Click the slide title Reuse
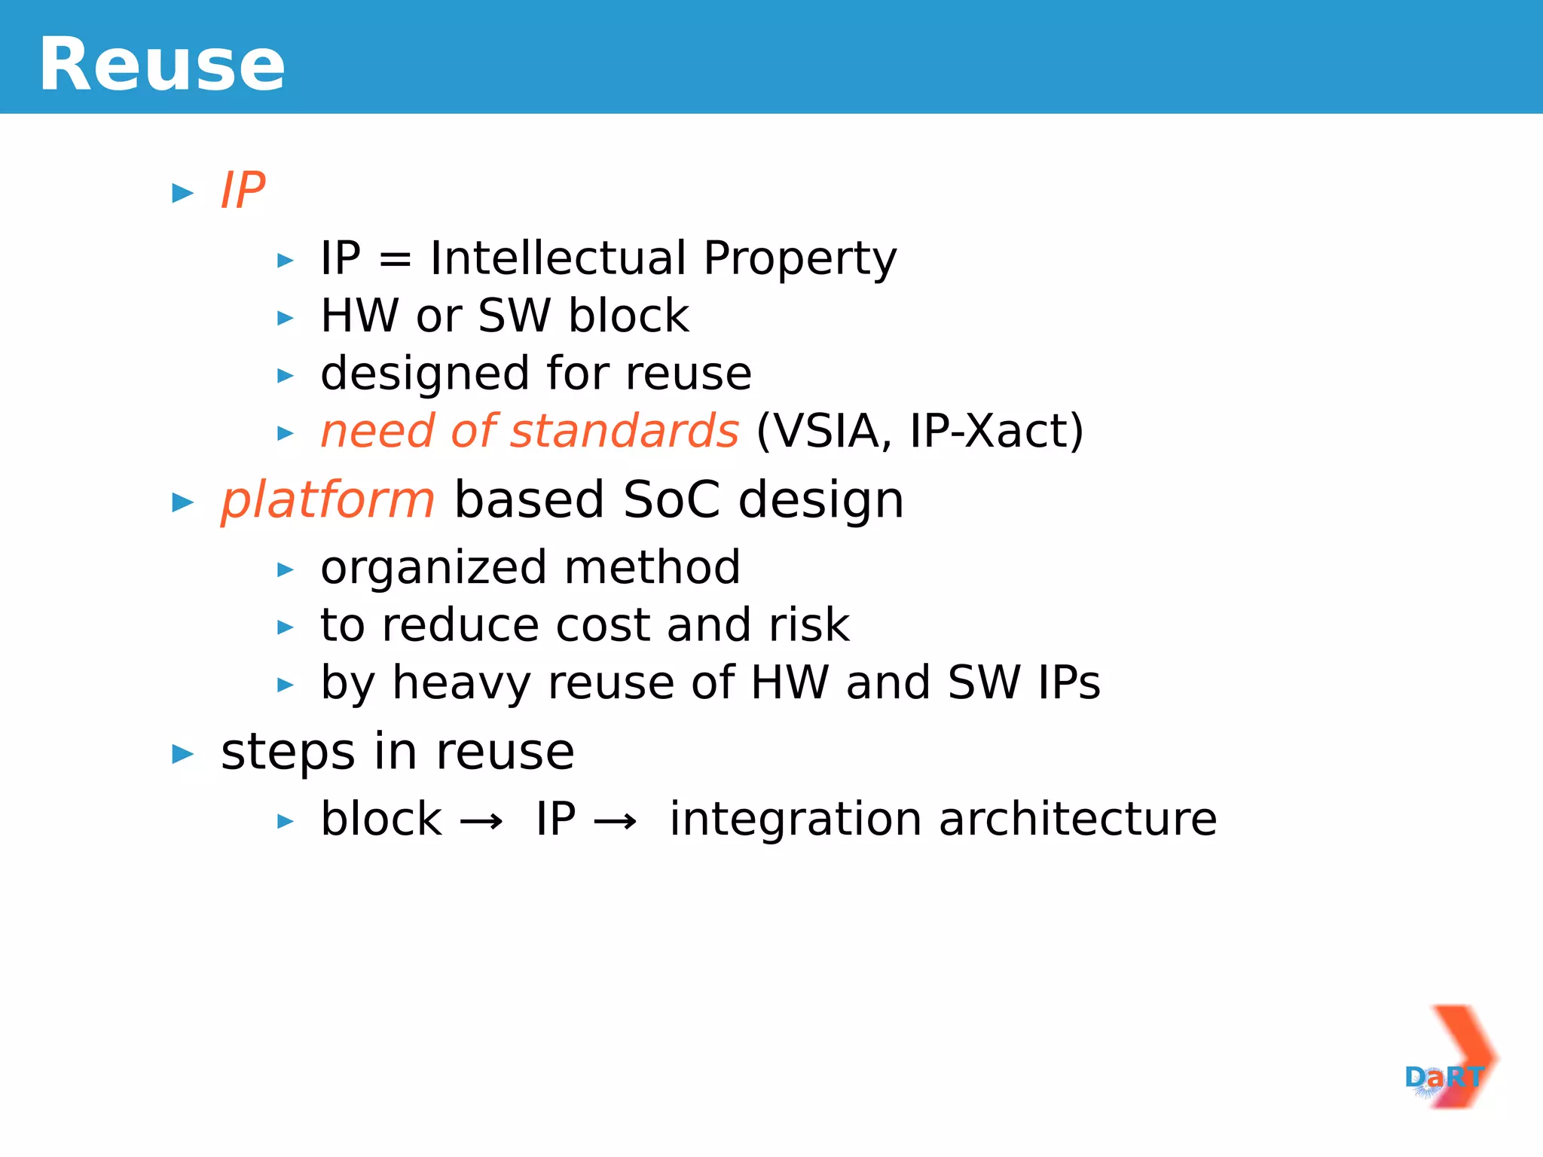tap(162, 65)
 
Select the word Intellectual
tap(558, 258)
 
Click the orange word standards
tap(625, 432)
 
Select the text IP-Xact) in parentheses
tap(996, 432)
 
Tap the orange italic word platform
tap(328, 501)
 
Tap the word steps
tap(288, 753)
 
